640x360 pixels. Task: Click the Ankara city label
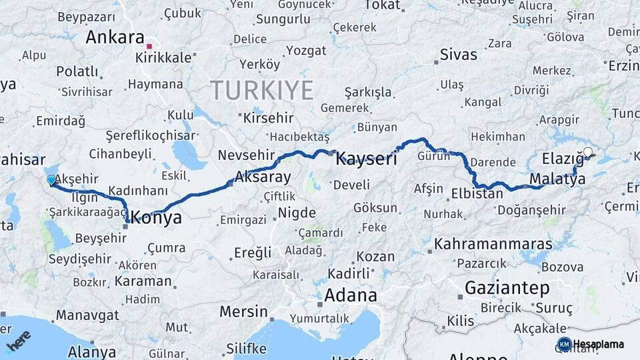pyautogui.click(x=115, y=37)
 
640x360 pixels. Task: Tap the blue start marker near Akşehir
pyautogui.click(x=51, y=180)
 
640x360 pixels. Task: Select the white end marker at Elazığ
pyautogui.click(x=587, y=152)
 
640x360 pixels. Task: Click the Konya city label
pyautogui.click(x=157, y=217)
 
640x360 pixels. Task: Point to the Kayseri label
pyautogui.click(x=366, y=159)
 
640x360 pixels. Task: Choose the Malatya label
pyautogui.click(x=557, y=179)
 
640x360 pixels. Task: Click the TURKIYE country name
pyautogui.click(x=262, y=90)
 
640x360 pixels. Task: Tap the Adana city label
pyautogui.click(x=351, y=295)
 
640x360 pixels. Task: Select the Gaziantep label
pyautogui.click(x=507, y=288)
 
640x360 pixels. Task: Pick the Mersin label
pyautogui.click(x=243, y=311)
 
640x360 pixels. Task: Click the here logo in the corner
pyautogui.click(x=19, y=341)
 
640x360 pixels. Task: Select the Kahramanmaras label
pyautogui.click(x=493, y=244)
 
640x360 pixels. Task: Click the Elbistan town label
pyautogui.click(x=477, y=195)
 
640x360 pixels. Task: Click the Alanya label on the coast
pyautogui.click(x=92, y=352)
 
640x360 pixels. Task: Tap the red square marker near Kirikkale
pyautogui.click(x=149, y=46)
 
